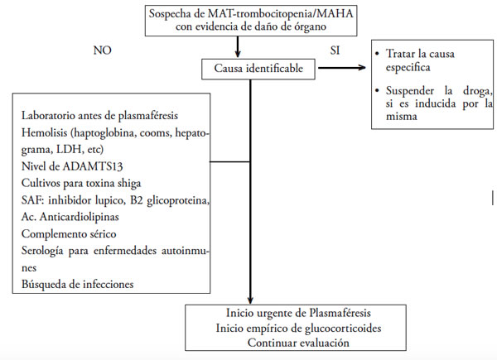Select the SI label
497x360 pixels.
(335, 50)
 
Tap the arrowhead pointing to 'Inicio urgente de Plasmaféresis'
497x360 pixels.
(249, 300)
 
